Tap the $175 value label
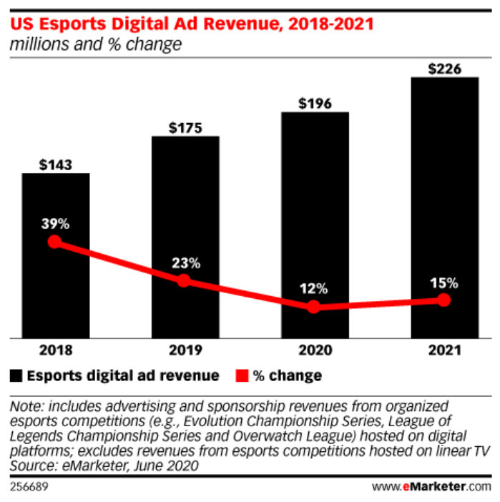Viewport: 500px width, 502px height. (185, 129)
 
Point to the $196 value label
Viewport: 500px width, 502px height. (315, 104)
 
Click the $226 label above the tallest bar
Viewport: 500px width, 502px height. (444, 69)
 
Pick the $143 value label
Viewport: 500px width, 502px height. (55, 165)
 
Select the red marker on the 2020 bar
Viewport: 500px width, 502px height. (314, 307)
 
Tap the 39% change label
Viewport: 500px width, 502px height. (55, 224)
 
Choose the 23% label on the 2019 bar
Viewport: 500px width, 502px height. (185, 262)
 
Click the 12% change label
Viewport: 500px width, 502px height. (314, 289)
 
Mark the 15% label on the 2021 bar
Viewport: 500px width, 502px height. (444, 282)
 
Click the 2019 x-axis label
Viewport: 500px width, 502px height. (185, 351)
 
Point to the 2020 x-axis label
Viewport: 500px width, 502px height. (315, 351)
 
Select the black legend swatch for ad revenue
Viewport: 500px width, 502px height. (16, 375)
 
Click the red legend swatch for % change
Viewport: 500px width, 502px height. (240, 375)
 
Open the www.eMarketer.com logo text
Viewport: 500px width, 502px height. (432, 486)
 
